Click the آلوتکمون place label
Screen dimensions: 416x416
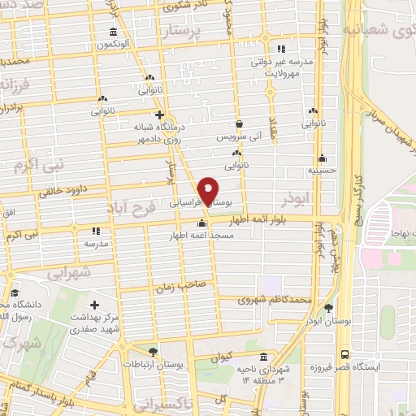tap(111, 45)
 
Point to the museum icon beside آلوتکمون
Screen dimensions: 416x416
tap(111, 32)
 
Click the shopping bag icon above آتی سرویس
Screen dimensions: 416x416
tap(240, 124)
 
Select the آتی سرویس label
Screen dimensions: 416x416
tap(240, 137)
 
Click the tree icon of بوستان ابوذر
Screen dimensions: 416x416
tap(328, 308)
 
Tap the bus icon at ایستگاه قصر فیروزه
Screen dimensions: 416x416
tap(344, 355)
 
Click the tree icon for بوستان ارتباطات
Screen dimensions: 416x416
tap(154, 350)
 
